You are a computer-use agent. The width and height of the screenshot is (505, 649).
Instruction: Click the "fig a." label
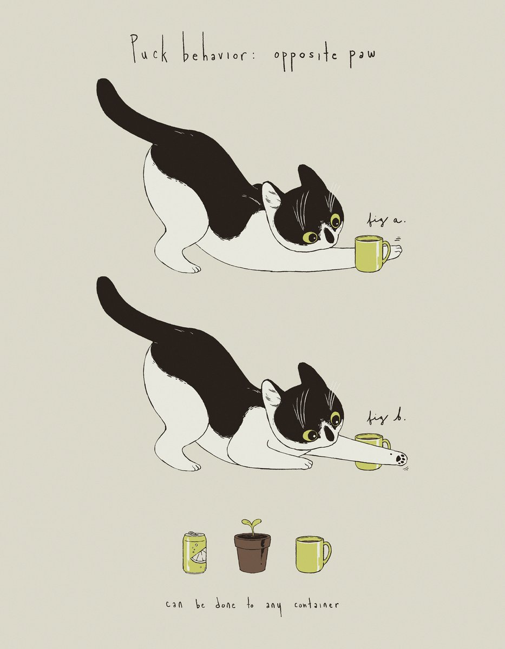point(386,221)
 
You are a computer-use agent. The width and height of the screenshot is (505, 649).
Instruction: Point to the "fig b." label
point(386,419)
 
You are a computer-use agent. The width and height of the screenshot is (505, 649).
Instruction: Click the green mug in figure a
point(371,254)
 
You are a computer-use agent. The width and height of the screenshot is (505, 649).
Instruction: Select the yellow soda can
point(195,553)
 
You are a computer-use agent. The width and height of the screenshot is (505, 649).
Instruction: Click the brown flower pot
point(252,553)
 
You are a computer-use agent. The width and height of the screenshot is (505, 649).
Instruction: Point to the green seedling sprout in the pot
point(252,525)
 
